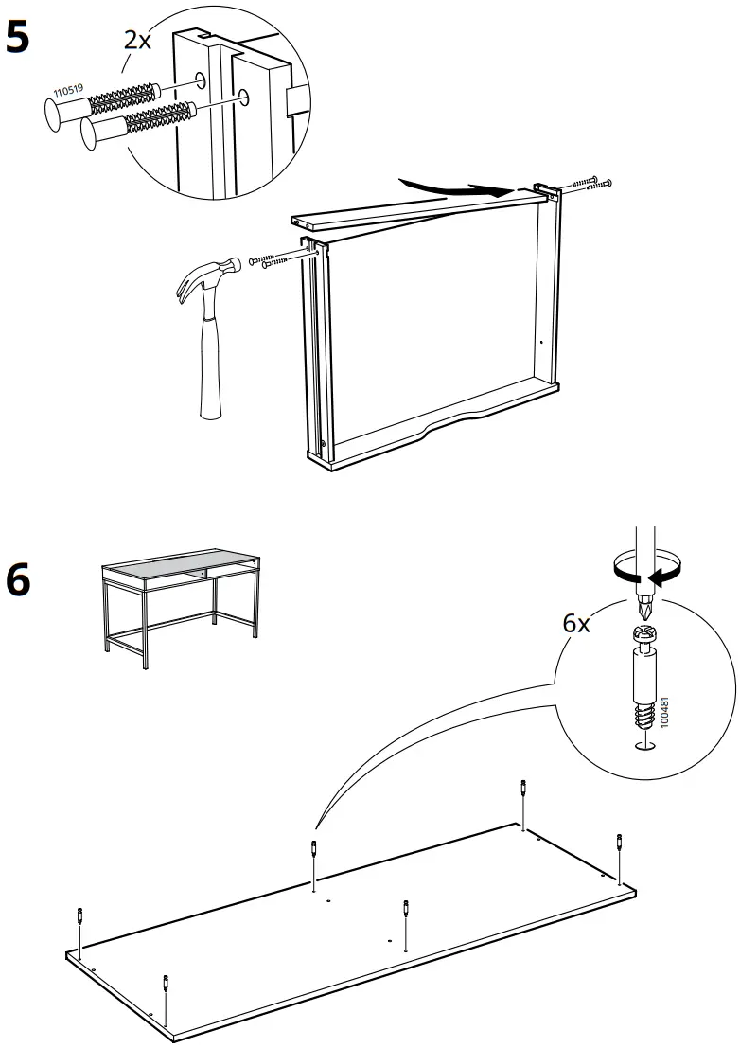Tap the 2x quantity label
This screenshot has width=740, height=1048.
(x=138, y=40)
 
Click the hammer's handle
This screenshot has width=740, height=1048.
(x=211, y=369)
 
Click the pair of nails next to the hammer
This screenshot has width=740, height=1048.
(x=272, y=260)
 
